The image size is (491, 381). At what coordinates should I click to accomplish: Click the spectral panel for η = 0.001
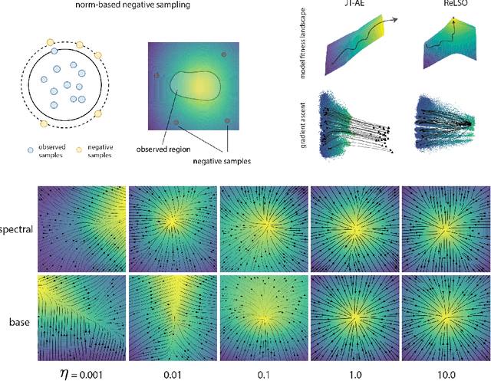[x=81, y=228]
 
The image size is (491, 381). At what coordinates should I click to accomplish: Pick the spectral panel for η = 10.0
[x=444, y=228]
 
